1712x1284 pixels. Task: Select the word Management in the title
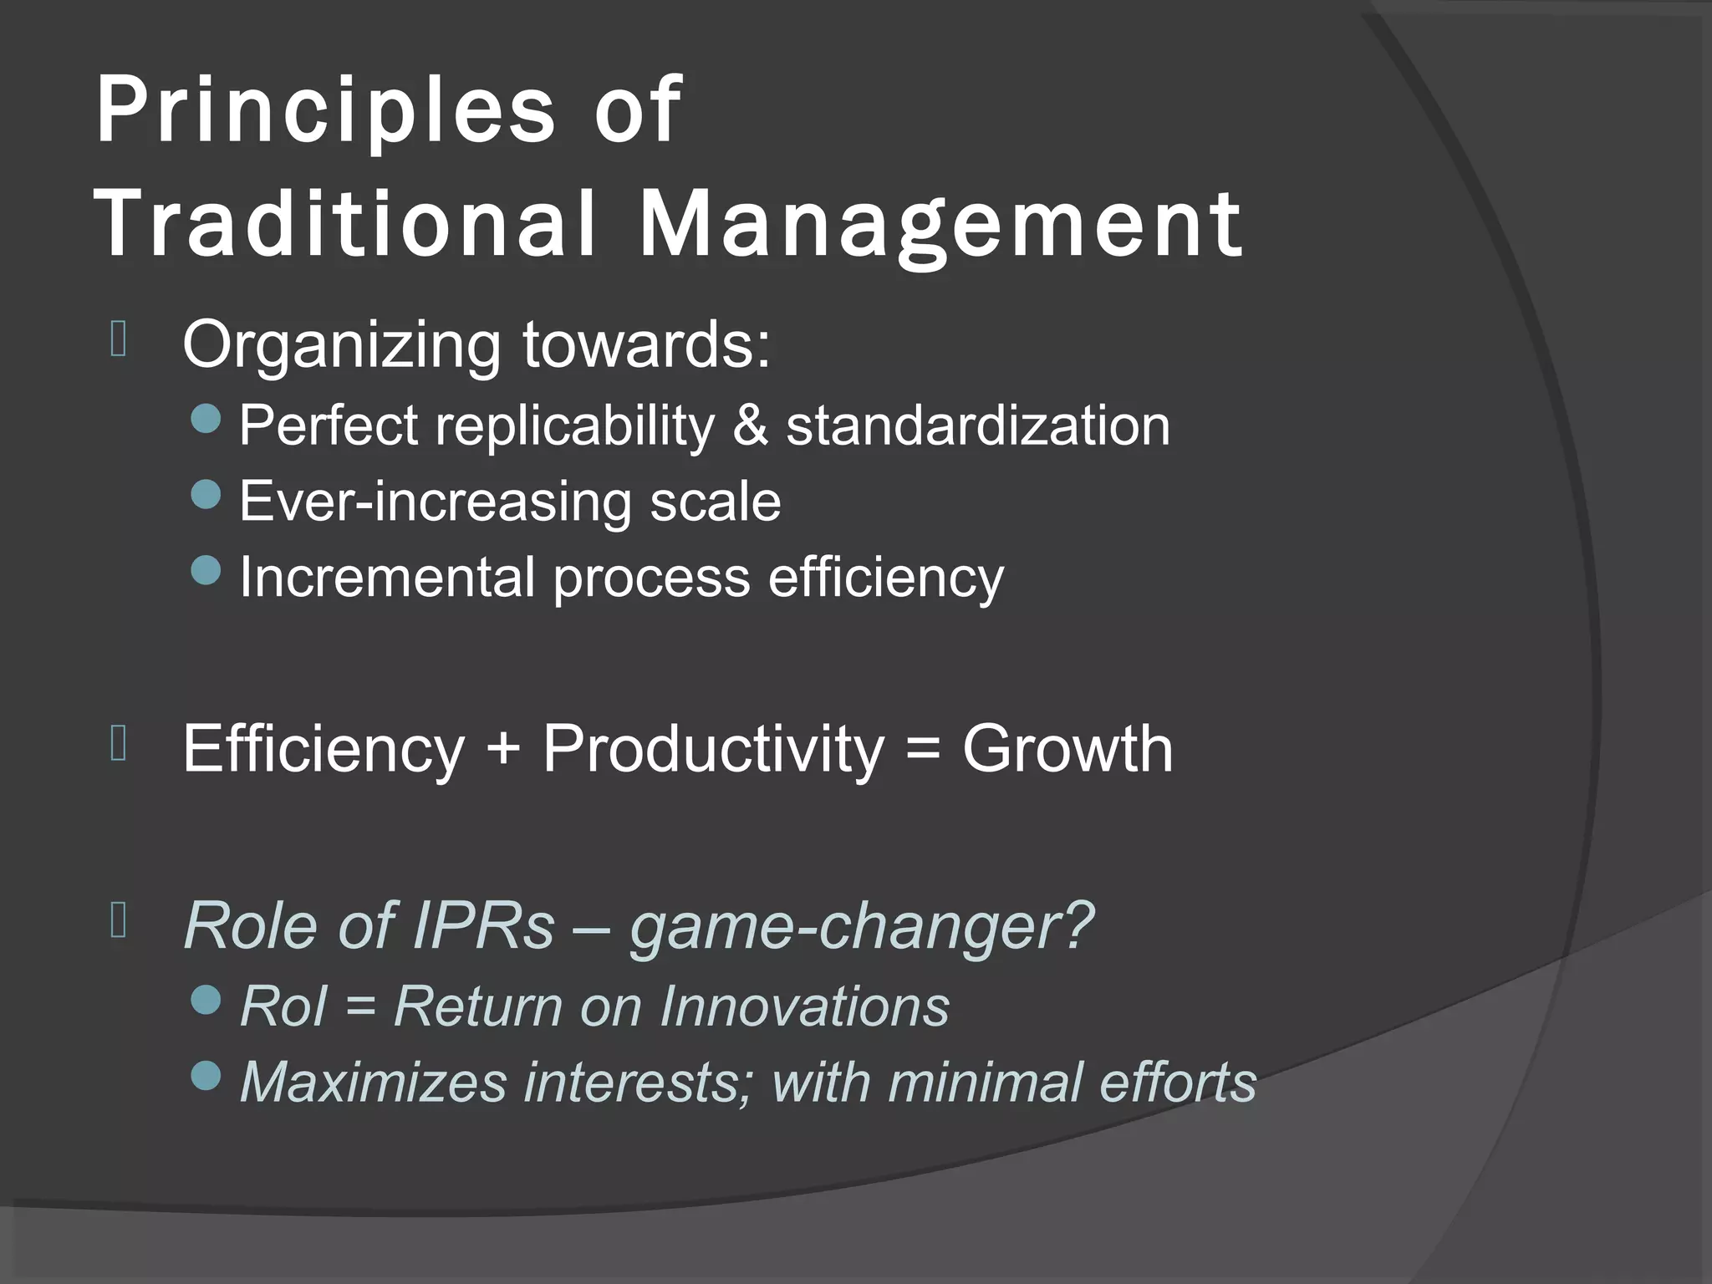point(940,224)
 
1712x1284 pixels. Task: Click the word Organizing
point(341,345)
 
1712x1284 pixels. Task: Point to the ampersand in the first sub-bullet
point(750,425)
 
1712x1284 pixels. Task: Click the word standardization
point(977,425)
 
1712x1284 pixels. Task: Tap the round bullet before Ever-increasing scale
point(206,495)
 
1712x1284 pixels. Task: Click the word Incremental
point(387,577)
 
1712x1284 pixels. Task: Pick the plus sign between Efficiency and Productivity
point(503,749)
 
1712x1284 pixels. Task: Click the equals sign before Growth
point(923,749)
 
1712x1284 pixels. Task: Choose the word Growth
point(1067,749)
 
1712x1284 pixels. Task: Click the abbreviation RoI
point(282,1006)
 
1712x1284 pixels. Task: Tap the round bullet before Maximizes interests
point(206,1076)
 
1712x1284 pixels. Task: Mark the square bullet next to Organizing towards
point(118,339)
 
